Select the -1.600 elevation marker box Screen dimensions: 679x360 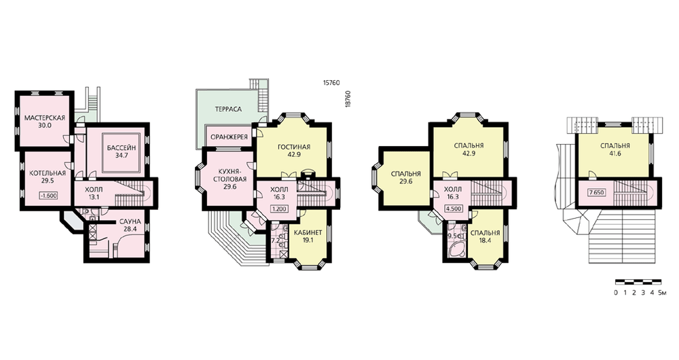pyautogui.click(x=48, y=196)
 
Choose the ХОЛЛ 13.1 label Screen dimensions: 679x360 pyautogui.click(x=93, y=193)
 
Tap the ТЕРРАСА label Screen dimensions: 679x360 pyautogui.click(x=228, y=109)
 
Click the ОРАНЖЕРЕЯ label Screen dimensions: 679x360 pyautogui.click(x=229, y=137)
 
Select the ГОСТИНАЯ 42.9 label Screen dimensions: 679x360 pyautogui.click(x=294, y=150)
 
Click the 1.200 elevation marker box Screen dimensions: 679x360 pyautogui.click(x=279, y=209)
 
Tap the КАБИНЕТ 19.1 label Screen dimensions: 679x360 pyautogui.click(x=308, y=236)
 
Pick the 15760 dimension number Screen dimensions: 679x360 pyautogui.click(x=331, y=82)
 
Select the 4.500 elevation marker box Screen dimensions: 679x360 pyautogui.click(x=453, y=208)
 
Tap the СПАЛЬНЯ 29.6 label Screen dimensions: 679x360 pyautogui.click(x=406, y=177)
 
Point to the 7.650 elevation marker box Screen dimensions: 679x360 pyautogui.click(x=596, y=192)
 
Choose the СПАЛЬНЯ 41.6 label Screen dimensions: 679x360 pyautogui.click(x=615, y=149)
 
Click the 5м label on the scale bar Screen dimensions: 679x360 pyautogui.click(x=663, y=293)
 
